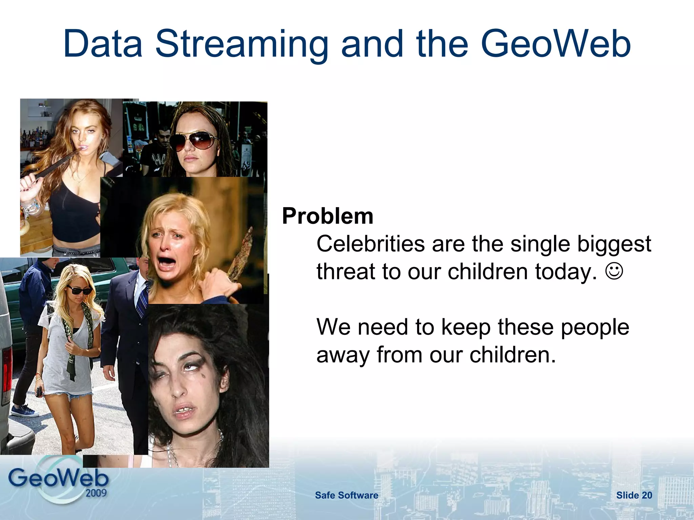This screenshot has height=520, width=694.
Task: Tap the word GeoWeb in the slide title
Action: pos(556,44)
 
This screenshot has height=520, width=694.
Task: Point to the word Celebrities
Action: pos(370,244)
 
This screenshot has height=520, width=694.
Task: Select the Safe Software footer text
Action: pos(346,495)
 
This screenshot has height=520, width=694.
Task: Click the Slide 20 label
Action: pos(634,495)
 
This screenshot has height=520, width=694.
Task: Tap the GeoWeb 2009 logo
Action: pos(58,481)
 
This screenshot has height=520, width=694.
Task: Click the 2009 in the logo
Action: pos(96,493)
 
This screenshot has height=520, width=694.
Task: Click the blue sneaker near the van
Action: pos(24,411)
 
